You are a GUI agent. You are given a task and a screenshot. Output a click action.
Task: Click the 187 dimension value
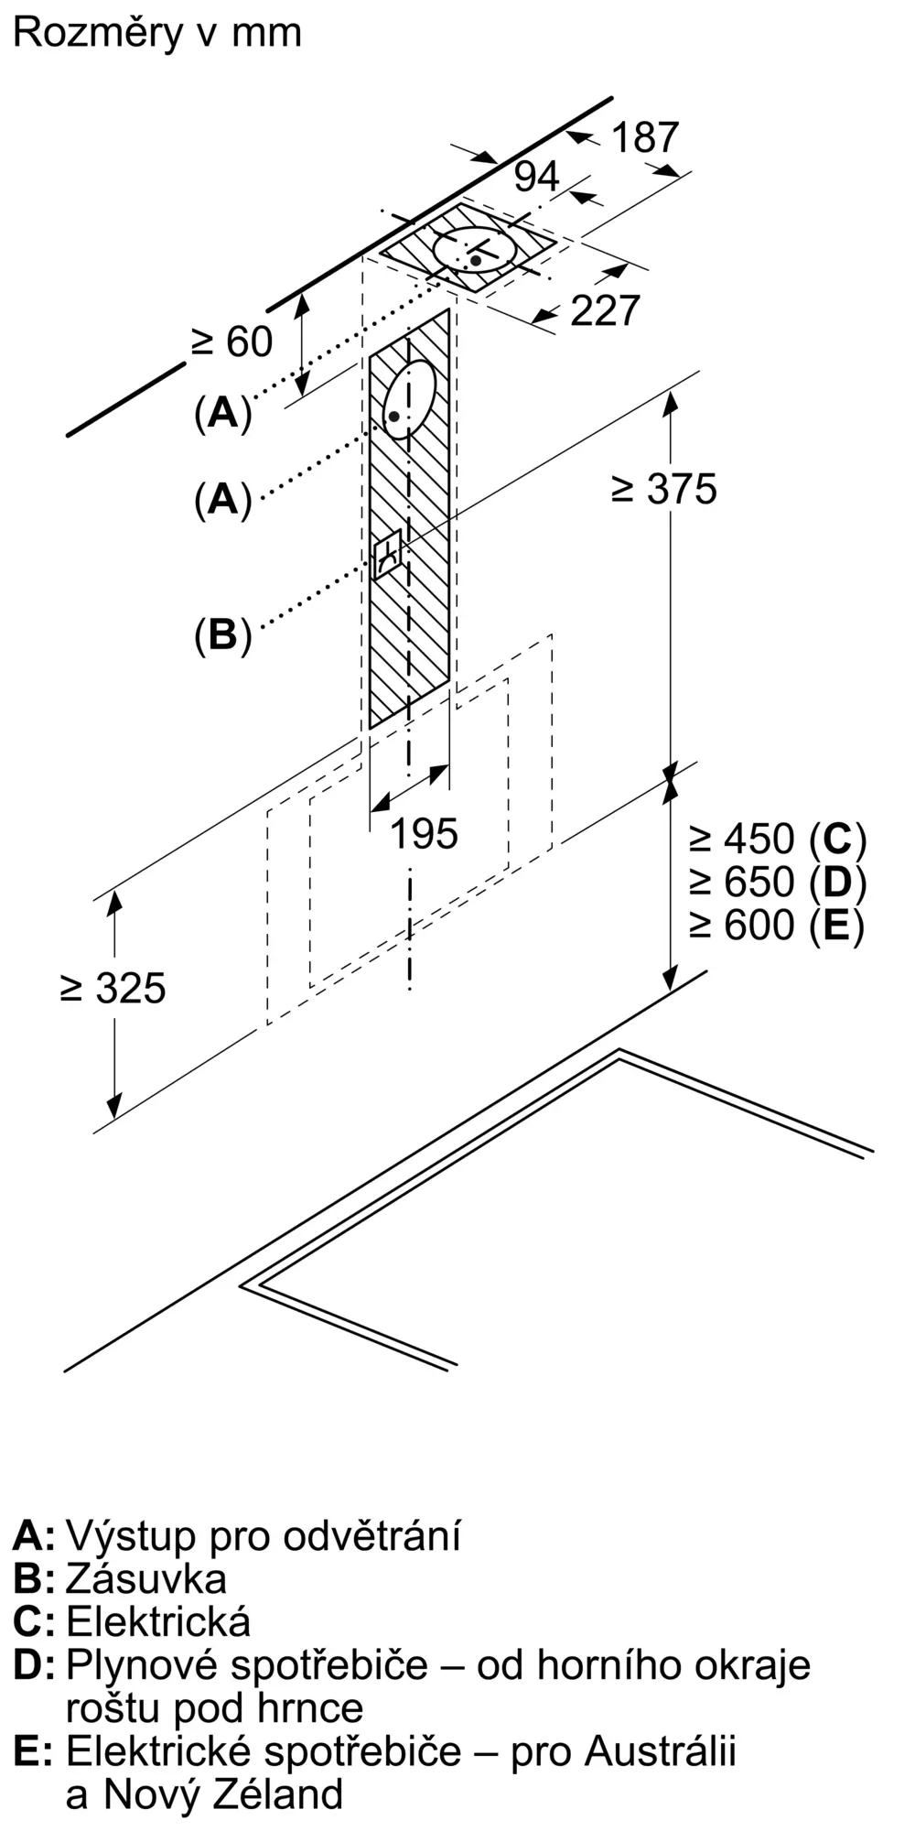click(x=645, y=137)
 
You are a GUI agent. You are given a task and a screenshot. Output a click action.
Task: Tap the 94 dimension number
click(x=536, y=177)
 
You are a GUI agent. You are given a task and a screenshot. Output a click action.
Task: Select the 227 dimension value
click(x=605, y=311)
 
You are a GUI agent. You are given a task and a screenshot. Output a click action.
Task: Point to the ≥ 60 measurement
click(x=232, y=342)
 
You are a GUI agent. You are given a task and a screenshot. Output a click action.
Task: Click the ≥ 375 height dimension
click(x=664, y=489)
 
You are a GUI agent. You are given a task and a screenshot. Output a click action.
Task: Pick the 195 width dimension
click(x=424, y=834)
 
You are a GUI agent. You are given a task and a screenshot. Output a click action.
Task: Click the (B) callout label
click(x=222, y=634)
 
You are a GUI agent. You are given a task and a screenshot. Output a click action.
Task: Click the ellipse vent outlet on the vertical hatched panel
click(x=408, y=399)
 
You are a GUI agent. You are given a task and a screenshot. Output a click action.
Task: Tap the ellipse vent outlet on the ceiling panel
click(x=476, y=248)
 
